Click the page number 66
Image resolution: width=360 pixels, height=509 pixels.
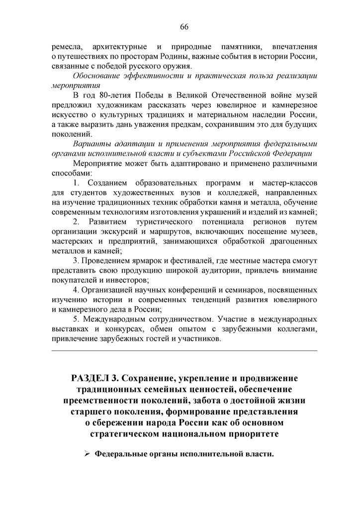(183, 26)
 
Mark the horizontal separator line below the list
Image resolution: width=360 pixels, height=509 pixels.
(183, 350)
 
